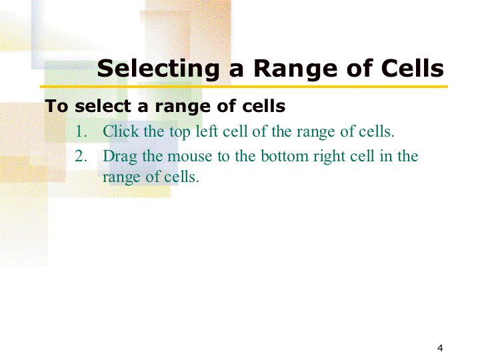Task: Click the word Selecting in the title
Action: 158,69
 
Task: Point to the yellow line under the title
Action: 244,87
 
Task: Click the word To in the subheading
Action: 56,106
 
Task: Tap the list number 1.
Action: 81,131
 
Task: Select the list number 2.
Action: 81,156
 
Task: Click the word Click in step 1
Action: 121,131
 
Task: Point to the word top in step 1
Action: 180,132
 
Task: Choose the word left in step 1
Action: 207,131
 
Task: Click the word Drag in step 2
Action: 120,157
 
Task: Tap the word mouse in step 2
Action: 190,157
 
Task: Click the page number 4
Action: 440,348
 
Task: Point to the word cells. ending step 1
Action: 376,131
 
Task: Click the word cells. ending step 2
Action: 181,177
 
